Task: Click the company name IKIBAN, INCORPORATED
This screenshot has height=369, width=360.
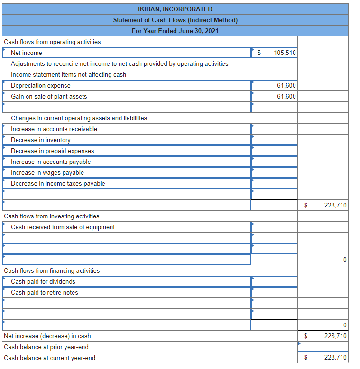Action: tap(175, 9)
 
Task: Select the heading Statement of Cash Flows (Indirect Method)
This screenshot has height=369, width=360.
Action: tap(175, 20)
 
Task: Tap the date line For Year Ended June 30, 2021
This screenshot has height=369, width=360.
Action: tap(175, 31)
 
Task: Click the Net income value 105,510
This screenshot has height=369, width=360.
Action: tap(285, 53)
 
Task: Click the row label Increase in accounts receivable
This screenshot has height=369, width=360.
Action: tap(54, 129)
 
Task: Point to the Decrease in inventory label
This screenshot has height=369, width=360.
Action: tap(41, 140)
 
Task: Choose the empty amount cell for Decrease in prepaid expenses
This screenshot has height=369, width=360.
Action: tap(274, 151)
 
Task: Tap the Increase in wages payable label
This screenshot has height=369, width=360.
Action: tap(47, 173)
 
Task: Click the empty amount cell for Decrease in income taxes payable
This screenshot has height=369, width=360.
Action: tap(274, 184)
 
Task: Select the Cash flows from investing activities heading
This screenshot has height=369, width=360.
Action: tap(52, 216)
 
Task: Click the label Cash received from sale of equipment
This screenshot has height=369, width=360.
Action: tap(63, 227)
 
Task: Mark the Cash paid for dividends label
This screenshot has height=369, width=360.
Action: tap(43, 282)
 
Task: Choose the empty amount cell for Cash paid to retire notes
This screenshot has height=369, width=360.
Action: tap(274, 293)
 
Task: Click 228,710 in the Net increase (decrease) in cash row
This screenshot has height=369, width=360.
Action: tap(335, 336)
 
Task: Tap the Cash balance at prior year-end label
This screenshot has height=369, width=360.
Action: tap(46, 347)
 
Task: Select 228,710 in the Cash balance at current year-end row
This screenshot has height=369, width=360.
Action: tap(335, 358)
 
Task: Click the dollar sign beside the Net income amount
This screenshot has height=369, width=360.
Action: tap(259, 53)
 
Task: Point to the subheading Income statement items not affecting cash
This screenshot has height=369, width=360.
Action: tap(69, 75)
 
